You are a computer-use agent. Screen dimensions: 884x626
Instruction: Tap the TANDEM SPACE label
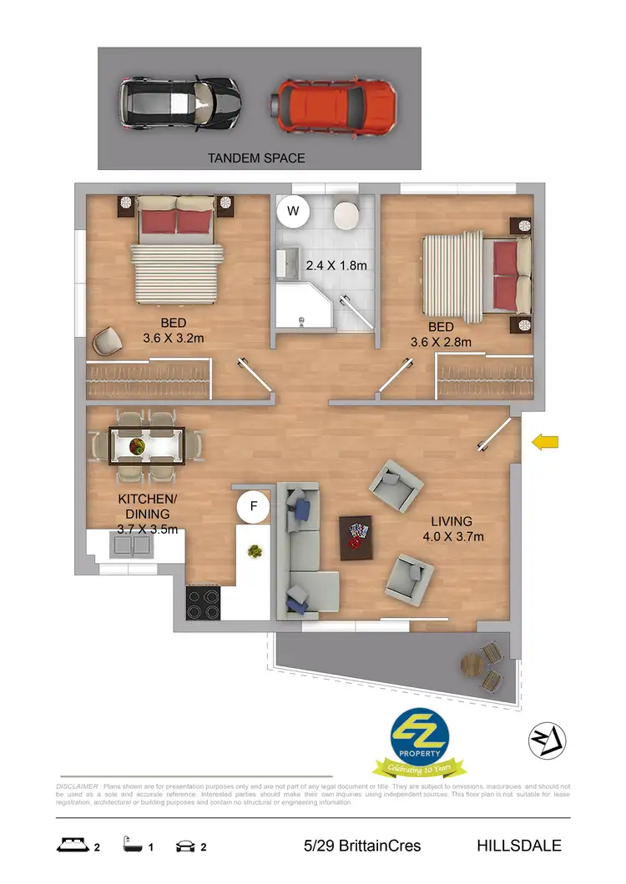[x=257, y=158]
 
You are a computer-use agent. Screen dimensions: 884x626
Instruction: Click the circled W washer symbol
[x=293, y=211]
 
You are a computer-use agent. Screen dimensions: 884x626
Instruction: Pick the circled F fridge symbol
[x=253, y=505]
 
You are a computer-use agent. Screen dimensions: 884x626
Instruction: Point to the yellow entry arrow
[x=545, y=442]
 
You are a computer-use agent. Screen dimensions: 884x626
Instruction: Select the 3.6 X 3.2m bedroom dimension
[x=174, y=339]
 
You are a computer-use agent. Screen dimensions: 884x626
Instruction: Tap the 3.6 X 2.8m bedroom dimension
[x=441, y=342]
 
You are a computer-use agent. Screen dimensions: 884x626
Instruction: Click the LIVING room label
[x=452, y=521]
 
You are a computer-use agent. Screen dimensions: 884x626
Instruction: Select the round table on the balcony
[x=472, y=665]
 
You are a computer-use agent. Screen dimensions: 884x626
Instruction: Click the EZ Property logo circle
[x=421, y=735]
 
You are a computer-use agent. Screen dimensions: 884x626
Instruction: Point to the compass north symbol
[x=548, y=739]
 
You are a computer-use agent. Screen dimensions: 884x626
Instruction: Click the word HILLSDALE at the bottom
[x=518, y=846]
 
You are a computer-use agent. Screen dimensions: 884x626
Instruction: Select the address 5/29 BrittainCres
[x=362, y=846]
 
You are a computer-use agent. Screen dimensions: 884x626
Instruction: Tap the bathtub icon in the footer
[x=129, y=846]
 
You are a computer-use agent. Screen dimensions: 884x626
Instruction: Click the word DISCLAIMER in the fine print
[x=77, y=786]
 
